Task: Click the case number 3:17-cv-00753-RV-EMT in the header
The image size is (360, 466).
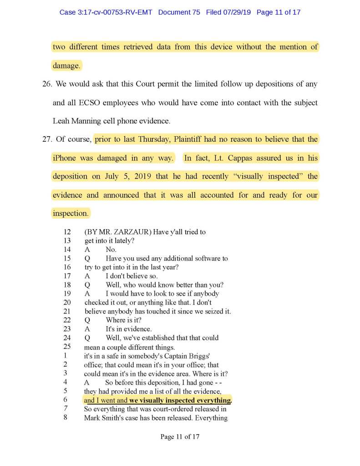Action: coord(119,12)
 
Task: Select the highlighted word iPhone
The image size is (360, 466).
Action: coord(64,158)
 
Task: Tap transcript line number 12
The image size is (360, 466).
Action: coord(67,232)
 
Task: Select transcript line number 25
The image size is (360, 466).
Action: coord(67,346)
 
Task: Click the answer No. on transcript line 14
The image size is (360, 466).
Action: coord(111,249)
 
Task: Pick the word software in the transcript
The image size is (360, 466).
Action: coord(202,258)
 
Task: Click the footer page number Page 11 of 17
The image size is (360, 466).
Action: coord(180,437)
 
